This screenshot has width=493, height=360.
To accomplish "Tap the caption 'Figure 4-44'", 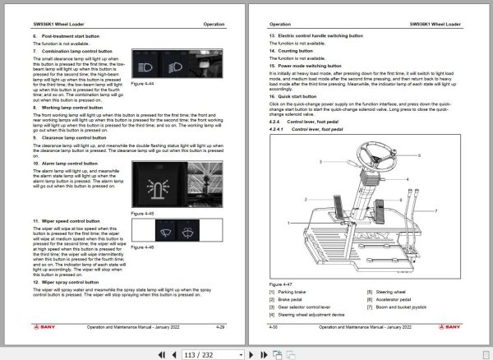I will [x=143, y=106].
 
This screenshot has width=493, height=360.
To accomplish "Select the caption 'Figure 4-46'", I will [x=143, y=247].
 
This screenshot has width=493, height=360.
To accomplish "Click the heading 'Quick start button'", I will [x=301, y=96].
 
